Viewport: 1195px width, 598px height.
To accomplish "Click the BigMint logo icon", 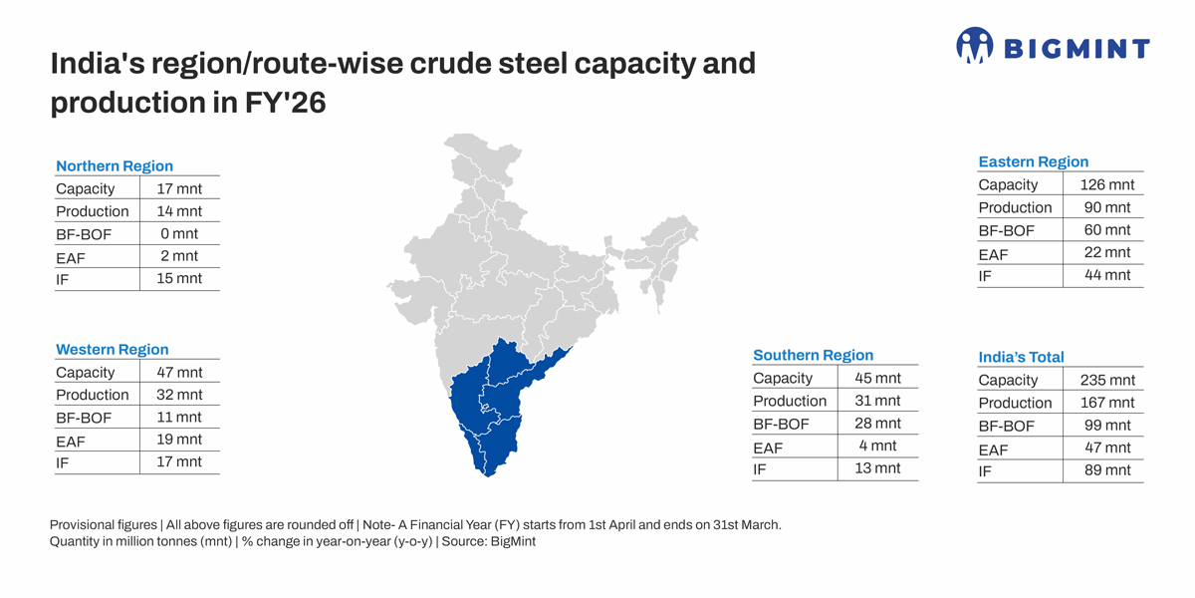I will coord(974,45).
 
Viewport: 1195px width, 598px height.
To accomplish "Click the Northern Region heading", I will coord(115,166).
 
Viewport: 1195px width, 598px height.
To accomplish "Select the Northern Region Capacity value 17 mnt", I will coord(179,188).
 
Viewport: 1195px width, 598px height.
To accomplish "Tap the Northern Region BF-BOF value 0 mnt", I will coord(179,233).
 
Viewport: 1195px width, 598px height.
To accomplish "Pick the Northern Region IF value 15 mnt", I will coord(179,278).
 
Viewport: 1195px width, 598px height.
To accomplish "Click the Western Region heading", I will coord(113,350).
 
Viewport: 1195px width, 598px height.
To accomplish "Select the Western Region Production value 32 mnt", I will coord(179,395).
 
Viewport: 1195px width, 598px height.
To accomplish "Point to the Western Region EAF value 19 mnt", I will coord(179,440).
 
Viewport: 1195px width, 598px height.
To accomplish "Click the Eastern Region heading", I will coord(1034,161).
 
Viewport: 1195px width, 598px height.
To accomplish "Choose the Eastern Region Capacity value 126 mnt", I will coord(1107,184).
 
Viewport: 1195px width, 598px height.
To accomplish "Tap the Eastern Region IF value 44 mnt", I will coord(1107,275).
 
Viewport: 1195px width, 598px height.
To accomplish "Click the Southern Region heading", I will coord(813,355).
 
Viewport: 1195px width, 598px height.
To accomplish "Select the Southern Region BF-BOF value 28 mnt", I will coord(877,424).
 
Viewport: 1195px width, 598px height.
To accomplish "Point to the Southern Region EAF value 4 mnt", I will coord(877,446).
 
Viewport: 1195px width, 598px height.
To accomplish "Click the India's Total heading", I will coord(1021,357).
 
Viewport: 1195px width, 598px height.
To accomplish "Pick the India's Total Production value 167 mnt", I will coord(1107,403).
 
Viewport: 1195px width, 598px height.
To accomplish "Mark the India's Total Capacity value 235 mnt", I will coord(1107,380).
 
